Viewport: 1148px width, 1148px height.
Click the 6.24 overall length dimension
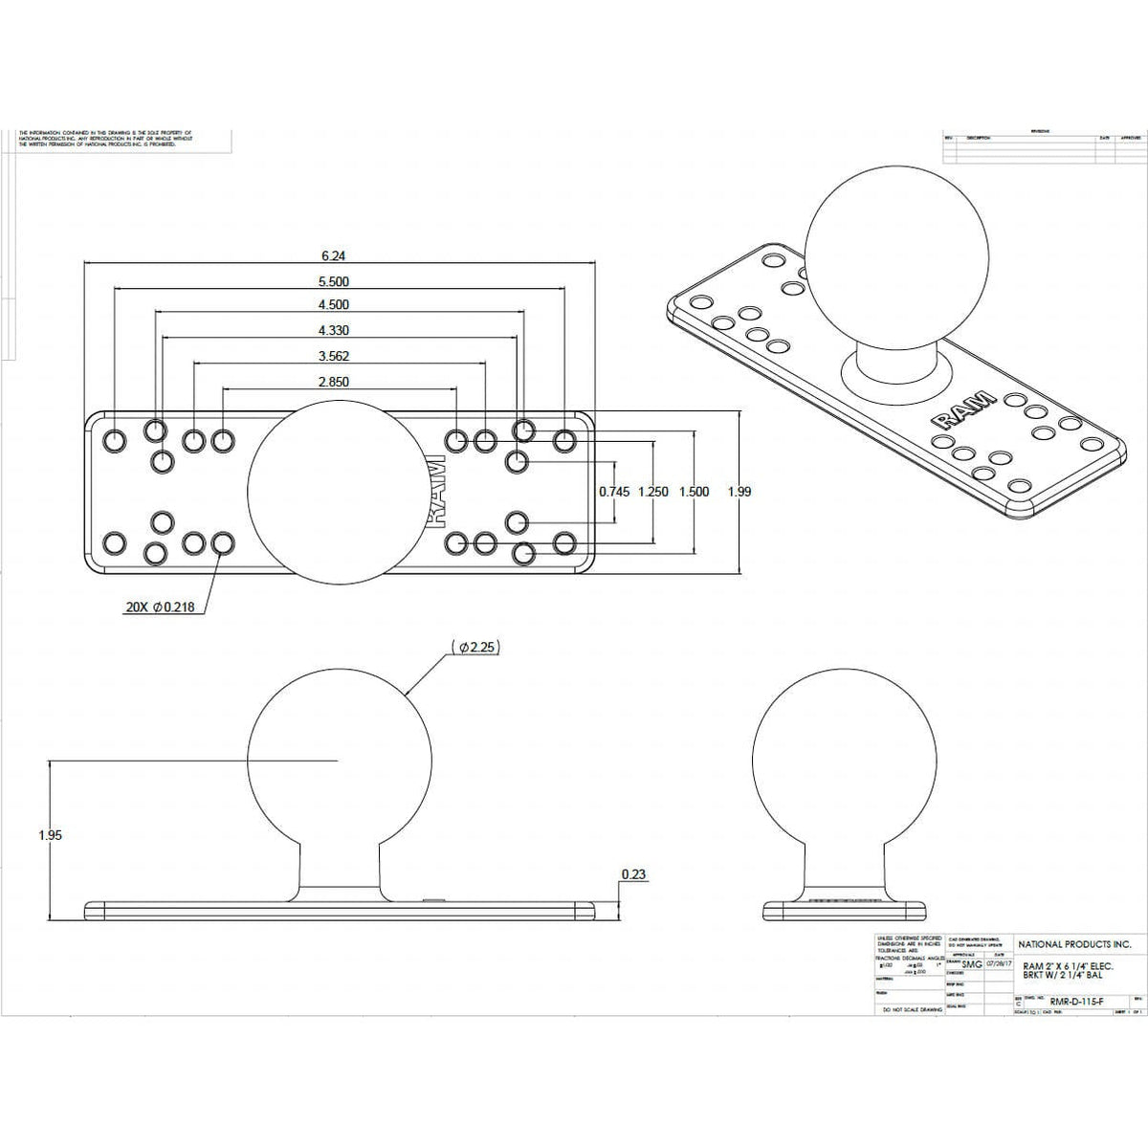(333, 256)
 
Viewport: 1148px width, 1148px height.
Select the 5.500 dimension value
(333, 282)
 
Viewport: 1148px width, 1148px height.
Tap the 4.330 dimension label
(333, 331)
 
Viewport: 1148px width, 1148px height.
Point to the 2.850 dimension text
(333, 382)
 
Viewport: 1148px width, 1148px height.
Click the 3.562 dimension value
(333, 356)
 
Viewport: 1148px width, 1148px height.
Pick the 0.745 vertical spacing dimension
(614, 492)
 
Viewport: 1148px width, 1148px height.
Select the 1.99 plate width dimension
(740, 492)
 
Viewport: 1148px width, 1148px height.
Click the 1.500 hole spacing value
(694, 492)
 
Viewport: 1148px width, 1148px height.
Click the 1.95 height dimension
(50, 835)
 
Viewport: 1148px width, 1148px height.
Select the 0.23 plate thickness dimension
(631, 874)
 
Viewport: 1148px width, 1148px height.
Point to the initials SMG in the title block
(972, 964)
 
